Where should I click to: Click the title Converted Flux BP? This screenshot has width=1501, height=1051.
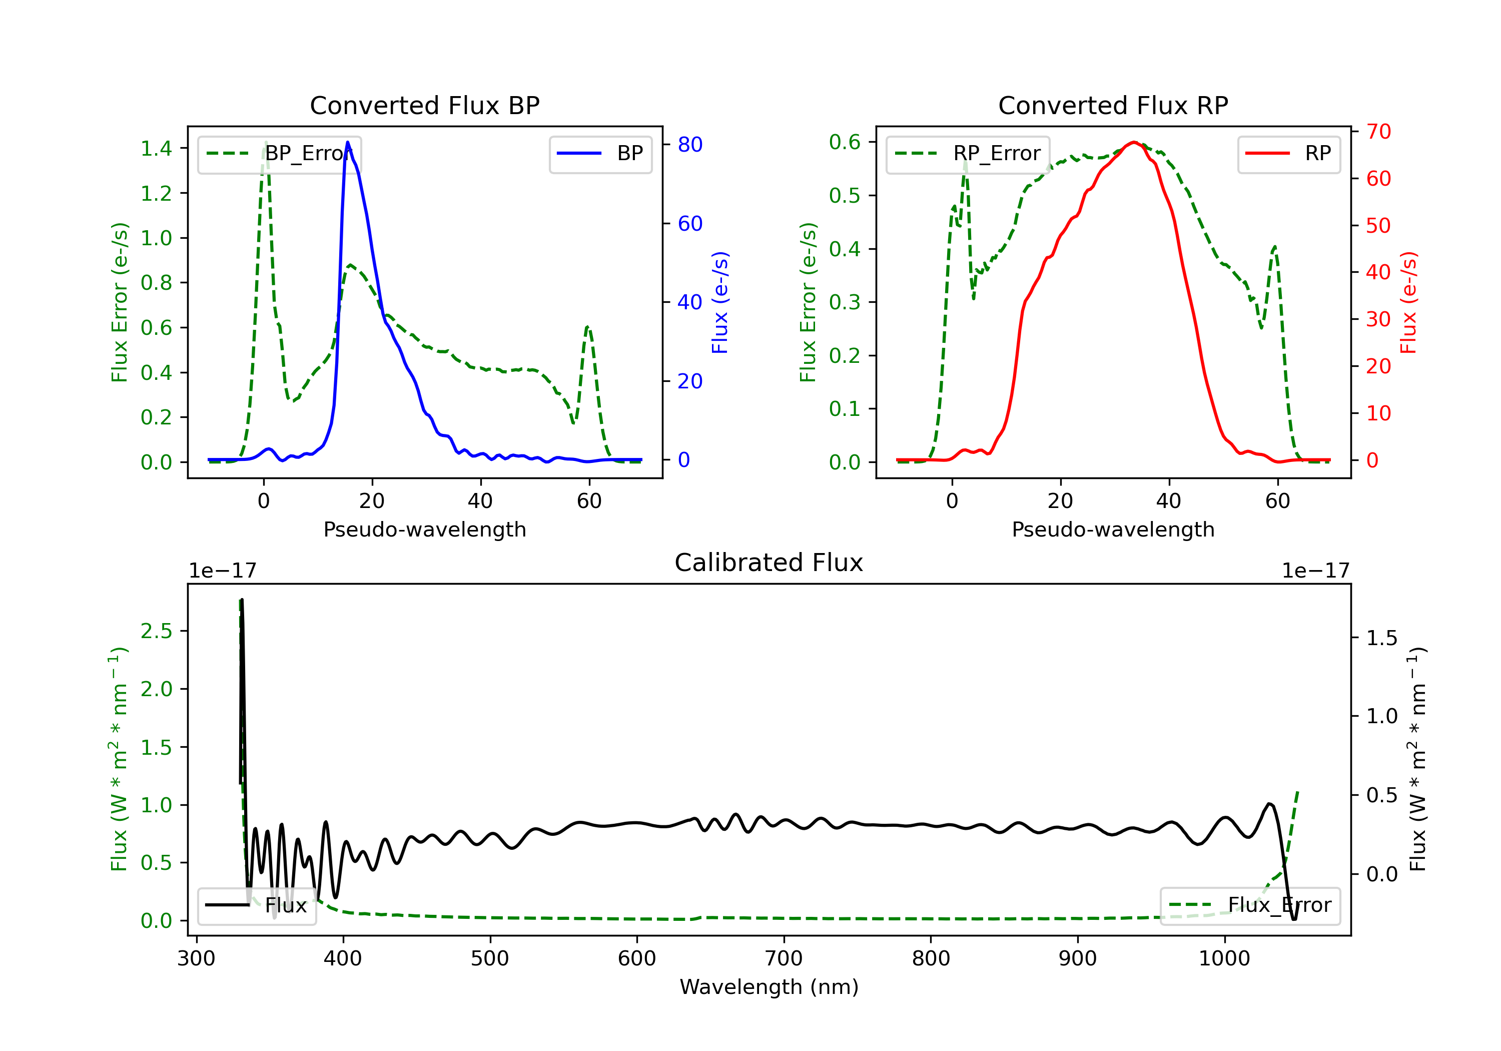pos(424,105)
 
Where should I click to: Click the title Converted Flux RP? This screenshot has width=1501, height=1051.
pos(1113,105)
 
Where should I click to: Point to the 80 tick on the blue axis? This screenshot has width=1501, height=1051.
pos(689,145)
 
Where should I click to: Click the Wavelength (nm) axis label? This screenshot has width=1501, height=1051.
pos(769,986)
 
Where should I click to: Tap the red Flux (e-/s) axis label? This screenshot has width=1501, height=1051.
pos(1408,302)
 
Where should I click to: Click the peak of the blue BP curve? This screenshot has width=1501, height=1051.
pos(348,142)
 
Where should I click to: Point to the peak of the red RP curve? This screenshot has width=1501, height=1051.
pos(1134,142)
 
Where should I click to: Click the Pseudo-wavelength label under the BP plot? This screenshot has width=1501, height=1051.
pos(424,529)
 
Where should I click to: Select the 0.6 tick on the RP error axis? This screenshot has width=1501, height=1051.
pos(844,142)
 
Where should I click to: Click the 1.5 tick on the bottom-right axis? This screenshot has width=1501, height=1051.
pos(1381,638)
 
